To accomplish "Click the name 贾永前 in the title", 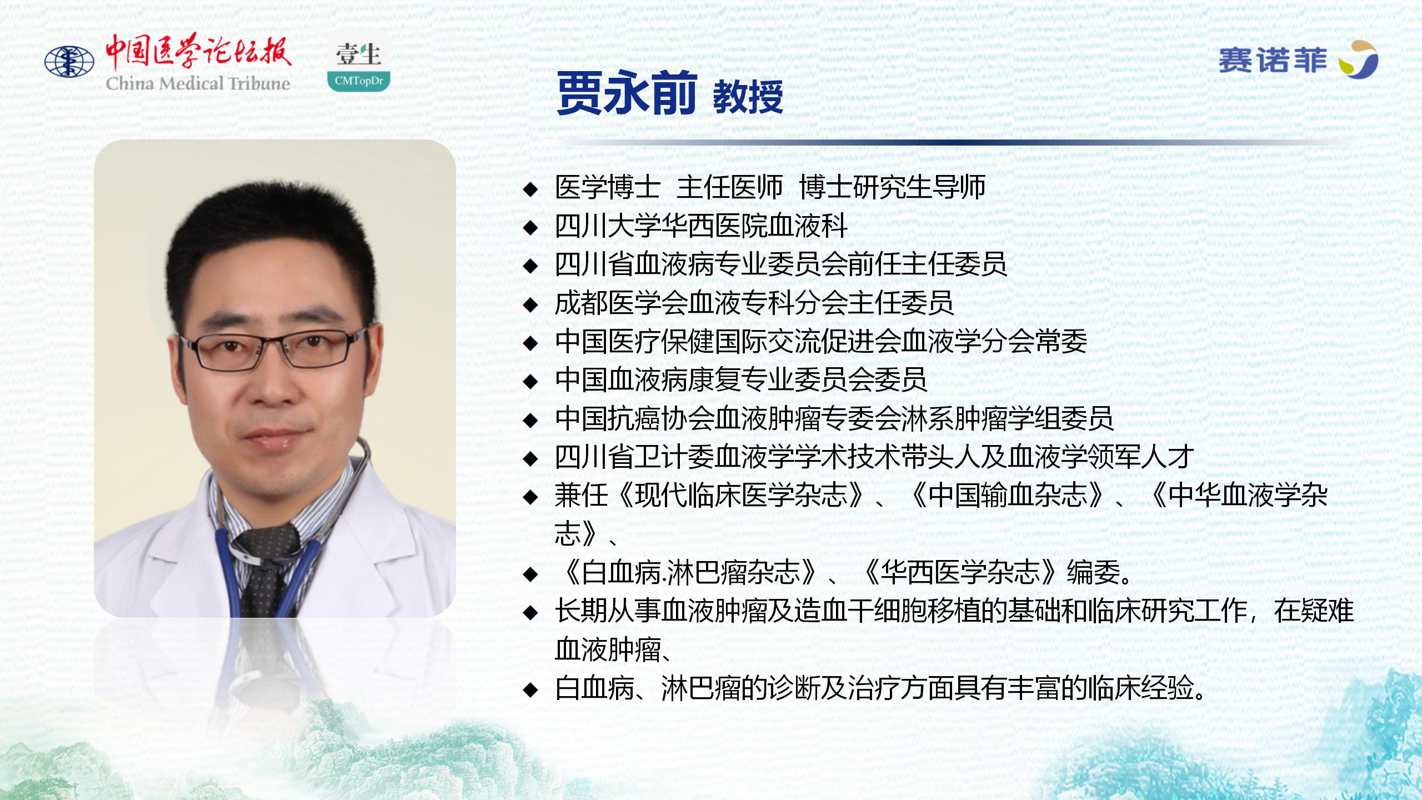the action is point(627,93).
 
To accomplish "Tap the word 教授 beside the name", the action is point(748,96).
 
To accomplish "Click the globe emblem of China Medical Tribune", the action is point(69,62).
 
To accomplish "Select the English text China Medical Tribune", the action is point(198,83).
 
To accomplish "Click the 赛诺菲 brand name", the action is point(1272,61).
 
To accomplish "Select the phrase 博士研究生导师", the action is point(893,187).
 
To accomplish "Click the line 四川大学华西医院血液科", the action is point(702,226).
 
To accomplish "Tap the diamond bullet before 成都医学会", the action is point(531,304).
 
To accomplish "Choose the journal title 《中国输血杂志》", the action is point(1007,495).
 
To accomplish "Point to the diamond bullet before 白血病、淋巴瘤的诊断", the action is point(531,690).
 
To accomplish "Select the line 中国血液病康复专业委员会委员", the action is point(741,380).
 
